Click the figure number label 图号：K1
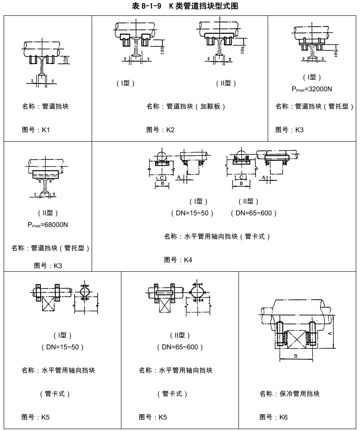[36, 130]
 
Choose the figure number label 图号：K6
[274, 417]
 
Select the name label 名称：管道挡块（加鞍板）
[186, 106]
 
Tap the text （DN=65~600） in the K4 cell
[254, 213]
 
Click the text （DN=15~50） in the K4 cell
[193, 213]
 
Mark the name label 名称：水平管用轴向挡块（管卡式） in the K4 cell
[217, 237]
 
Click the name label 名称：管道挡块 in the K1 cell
[45, 106]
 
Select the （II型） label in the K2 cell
[226, 83]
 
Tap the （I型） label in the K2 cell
[126, 83]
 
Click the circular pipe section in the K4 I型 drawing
[162, 156]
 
